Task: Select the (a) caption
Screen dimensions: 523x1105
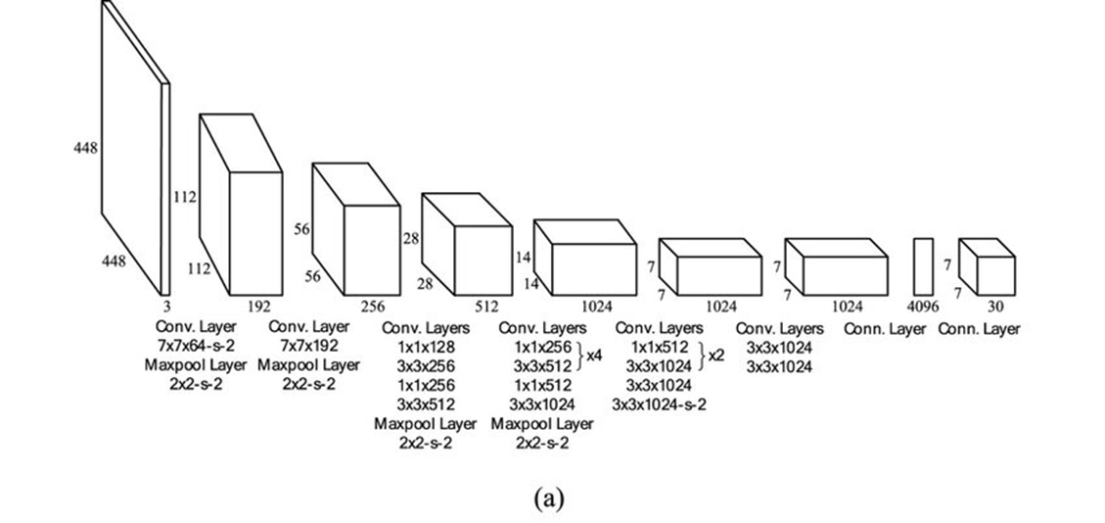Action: point(549,499)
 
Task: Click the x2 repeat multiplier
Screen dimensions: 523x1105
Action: point(716,356)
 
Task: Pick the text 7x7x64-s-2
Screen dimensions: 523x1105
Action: point(195,347)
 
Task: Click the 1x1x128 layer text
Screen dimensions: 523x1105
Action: point(426,347)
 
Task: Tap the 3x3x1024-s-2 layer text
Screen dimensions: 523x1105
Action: point(660,404)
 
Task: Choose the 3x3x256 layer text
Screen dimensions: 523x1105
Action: point(426,365)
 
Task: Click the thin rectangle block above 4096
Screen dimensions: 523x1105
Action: point(924,265)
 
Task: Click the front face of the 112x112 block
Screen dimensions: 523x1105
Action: point(255,234)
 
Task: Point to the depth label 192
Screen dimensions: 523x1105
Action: point(258,307)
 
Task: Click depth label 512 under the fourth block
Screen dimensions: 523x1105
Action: point(486,307)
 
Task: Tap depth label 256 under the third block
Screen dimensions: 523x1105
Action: point(373,307)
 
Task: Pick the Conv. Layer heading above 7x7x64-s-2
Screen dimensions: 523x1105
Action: point(195,327)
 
